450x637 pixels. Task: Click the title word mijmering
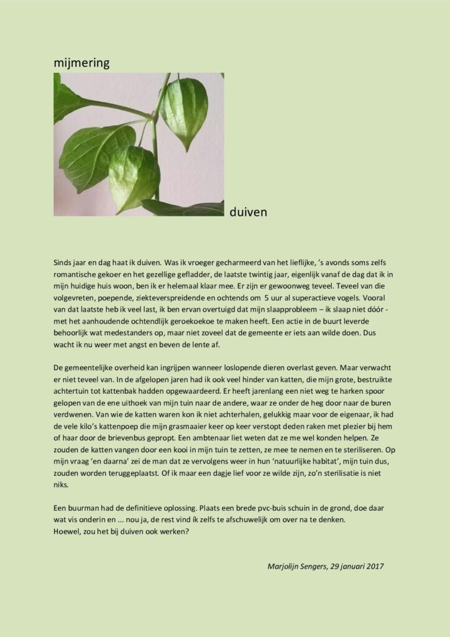81,63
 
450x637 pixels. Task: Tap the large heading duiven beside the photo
248,213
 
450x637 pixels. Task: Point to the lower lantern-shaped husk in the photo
134,177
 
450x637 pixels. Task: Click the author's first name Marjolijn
286,566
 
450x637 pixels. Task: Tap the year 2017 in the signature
374,566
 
